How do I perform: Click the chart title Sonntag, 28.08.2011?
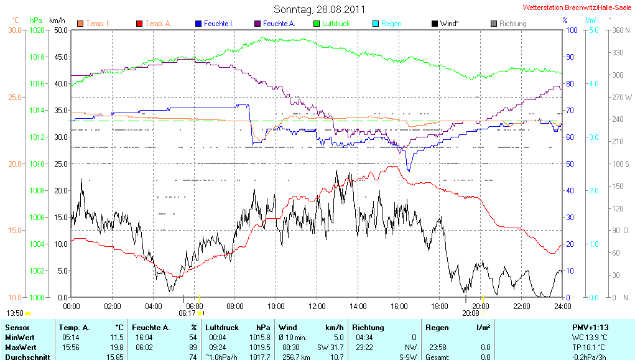(x=319, y=9)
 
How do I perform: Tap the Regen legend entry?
(x=391, y=24)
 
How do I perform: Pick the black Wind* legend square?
(x=434, y=24)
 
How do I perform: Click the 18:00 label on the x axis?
(x=440, y=306)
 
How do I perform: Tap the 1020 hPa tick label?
(x=37, y=30)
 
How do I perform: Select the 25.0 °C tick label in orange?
(x=14, y=97)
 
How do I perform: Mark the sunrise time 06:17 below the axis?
(x=187, y=313)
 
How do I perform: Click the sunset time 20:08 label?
(x=471, y=313)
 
